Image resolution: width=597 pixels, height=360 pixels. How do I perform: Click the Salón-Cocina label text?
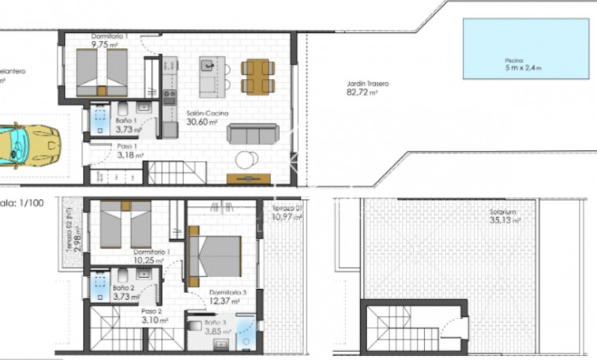(x=207, y=114)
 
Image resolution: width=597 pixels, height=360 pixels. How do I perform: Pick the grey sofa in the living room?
(x=253, y=133)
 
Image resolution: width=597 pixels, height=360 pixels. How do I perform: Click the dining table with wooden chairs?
(x=257, y=77)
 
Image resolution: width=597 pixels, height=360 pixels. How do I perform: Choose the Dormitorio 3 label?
(x=227, y=292)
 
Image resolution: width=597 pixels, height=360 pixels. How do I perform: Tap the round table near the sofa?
(x=246, y=159)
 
